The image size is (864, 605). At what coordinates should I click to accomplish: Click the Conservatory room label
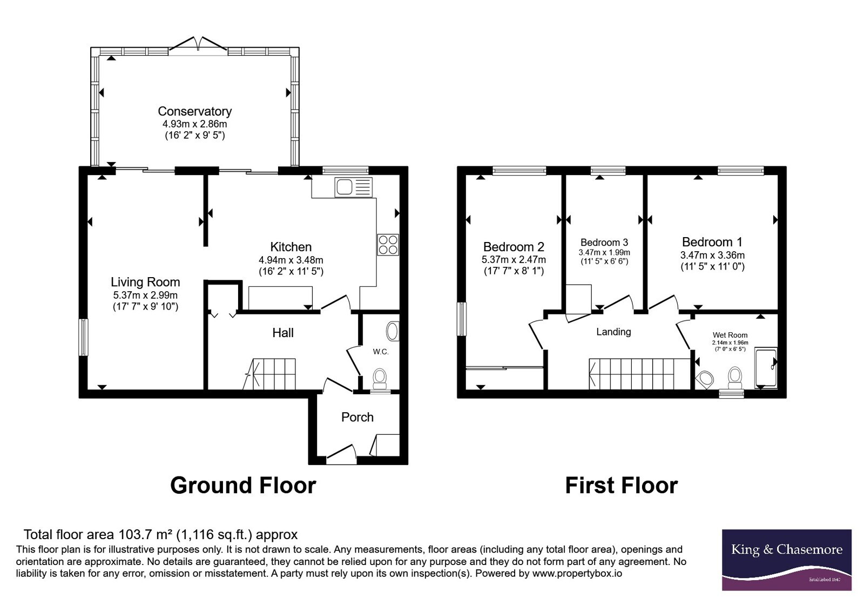coord(195,111)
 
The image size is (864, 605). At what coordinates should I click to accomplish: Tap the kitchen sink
coord(354,187)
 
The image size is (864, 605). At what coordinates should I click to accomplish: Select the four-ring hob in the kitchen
coord(388,245)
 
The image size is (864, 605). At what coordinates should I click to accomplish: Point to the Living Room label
coord(145,282)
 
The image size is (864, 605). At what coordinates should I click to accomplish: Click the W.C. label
coord(381,352)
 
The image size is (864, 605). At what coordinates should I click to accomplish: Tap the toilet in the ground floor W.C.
coord(380,379)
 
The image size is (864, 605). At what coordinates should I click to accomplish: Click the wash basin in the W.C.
coord(393,331)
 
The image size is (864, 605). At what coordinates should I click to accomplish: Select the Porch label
coord(357,417)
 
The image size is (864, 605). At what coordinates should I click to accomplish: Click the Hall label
coord(283,333)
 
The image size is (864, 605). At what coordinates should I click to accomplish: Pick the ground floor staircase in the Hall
coord(270,374)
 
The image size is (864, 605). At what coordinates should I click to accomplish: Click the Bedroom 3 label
coord(604,243)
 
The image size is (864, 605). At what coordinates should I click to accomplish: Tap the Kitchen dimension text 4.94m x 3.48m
coord(291,260)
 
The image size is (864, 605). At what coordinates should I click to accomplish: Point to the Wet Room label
coord(730,335)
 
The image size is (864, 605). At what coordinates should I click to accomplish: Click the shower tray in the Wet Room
coord(766,368)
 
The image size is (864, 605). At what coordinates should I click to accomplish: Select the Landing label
coord(613,332)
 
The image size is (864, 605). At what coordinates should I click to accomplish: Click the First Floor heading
coord(622,486)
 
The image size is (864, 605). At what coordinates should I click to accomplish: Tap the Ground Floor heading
coord(243,486)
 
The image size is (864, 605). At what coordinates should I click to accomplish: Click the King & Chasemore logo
coord(786,560)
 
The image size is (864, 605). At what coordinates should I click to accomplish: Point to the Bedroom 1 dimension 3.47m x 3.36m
coord(712,255)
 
